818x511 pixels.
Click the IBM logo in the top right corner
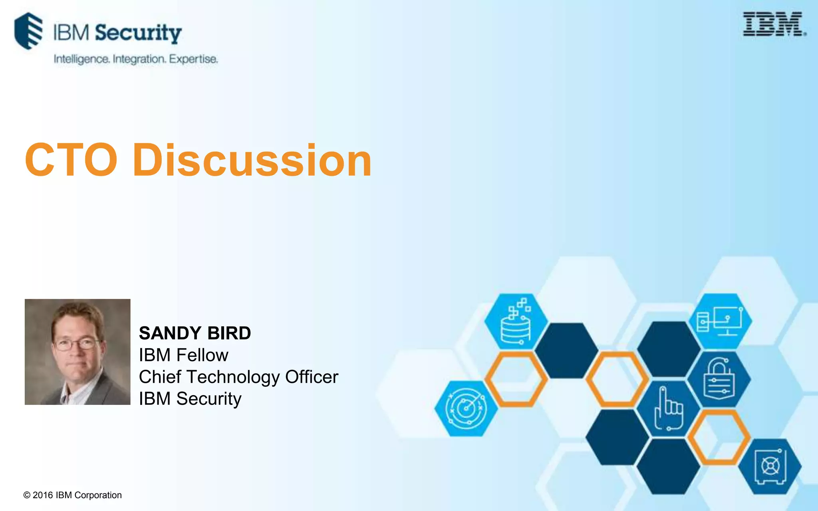point(773,24)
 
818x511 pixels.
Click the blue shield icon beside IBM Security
point(28,31)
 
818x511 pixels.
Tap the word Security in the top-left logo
point(138,33)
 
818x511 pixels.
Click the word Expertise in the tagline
point(193,59)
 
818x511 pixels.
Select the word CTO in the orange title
point(71,160)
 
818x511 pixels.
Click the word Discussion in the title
point(252,160)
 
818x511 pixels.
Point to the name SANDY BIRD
point(195,333)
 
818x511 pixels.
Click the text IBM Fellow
point(183,355)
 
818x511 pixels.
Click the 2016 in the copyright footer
point(43,495)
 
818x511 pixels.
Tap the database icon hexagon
point(516,322)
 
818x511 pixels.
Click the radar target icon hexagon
point(466,408)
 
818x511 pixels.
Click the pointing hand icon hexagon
point(668,408)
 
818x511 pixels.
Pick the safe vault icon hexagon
point(770,466)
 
